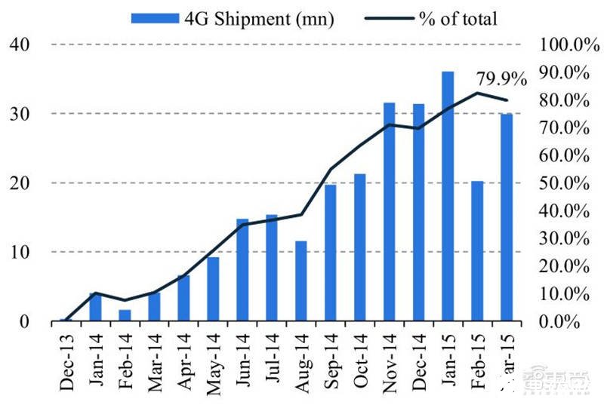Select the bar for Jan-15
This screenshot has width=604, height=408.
pyautogui.click(x=448, y=196)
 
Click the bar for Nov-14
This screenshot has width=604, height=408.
pyautogui.click(x=390, y=212)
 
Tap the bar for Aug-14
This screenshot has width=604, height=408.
pyautogui.click(x=301, y=281)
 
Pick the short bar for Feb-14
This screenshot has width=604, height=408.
pyautogui.click(x=125, y=315)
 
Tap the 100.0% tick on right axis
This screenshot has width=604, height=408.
pyautogui.click(x=568, y=44)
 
